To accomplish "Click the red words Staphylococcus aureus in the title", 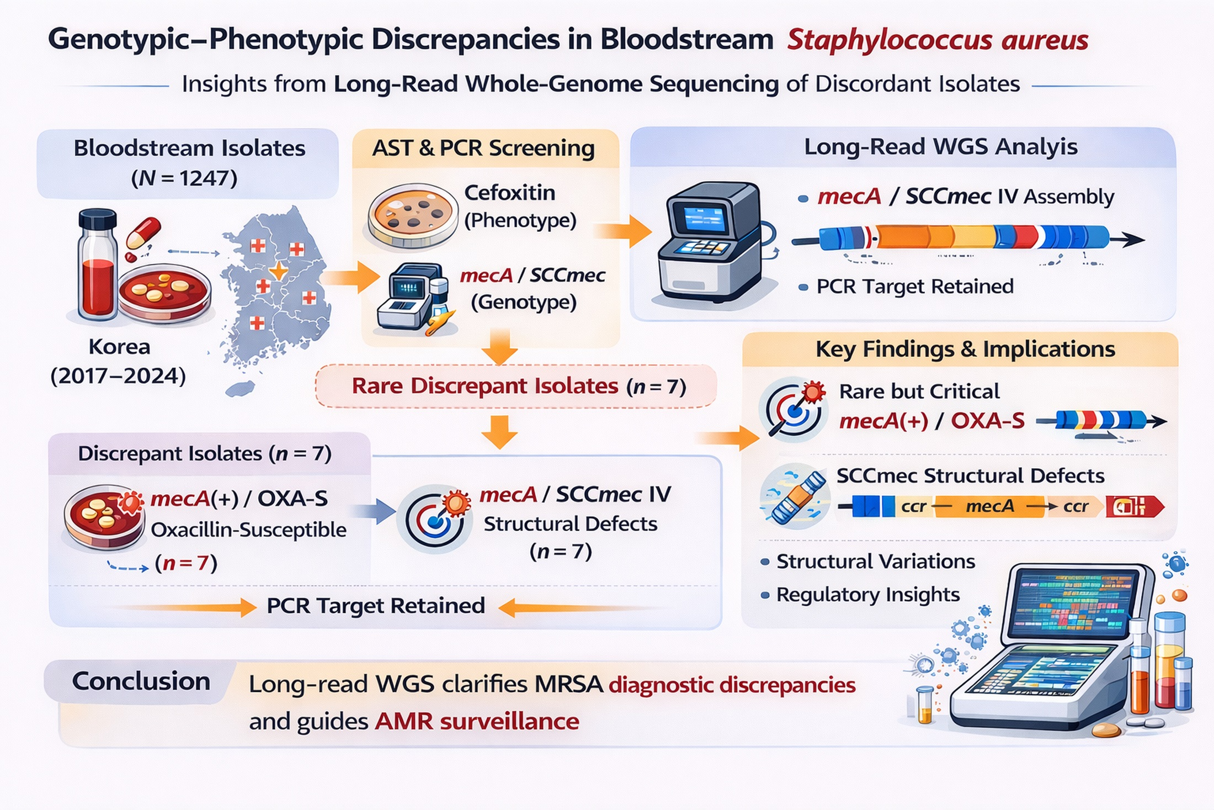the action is click(x=938, y=40).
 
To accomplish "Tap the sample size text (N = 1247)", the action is click(x=184, y=178).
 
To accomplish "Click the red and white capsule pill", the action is click(x=143, y=232).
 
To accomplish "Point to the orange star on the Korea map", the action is click(x=278, y=271).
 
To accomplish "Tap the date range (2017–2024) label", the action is click(x=118, y=376).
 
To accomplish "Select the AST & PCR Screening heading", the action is click(x=483, y=148).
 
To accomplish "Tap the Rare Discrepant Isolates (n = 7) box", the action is click(x=516, y=386).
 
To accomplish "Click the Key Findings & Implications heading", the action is click(x=965, y=349).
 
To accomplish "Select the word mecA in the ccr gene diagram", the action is click(x=989, y=506).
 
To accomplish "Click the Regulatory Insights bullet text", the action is click(x=868, y=595).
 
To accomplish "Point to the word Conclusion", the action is click(x=141, y=681).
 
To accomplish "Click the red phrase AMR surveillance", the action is click(x=477, y=721).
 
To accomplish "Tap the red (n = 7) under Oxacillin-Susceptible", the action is click(x=186, y=563).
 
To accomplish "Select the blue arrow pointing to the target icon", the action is click(x=374, y=512).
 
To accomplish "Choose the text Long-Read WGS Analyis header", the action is click(x=940, y=147).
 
